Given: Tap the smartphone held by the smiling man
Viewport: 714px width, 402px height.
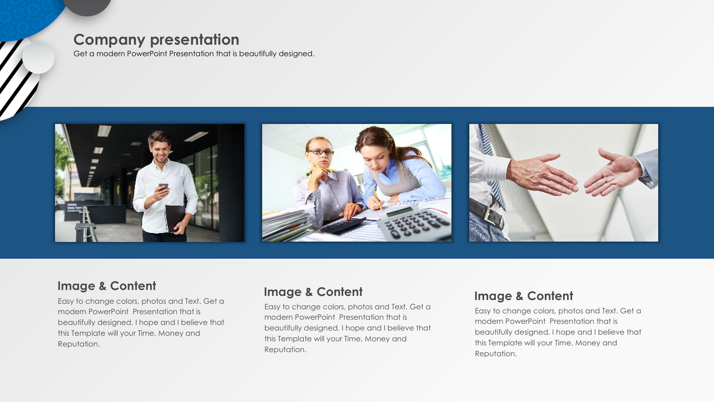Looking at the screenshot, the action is (x=163, y=188).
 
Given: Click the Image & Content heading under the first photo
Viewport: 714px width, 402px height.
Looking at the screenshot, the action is (x=107, y=286).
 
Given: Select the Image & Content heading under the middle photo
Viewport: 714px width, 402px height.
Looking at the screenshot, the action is (x=313, y=292).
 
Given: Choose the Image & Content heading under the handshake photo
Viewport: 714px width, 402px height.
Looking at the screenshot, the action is (x=524, y=296).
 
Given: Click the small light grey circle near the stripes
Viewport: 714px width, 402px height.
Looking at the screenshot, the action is (x=38, y=58).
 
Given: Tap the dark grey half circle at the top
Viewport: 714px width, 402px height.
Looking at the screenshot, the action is (x=87, y=7).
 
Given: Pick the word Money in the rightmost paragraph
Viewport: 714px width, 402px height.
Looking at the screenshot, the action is (x=588, y=343).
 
